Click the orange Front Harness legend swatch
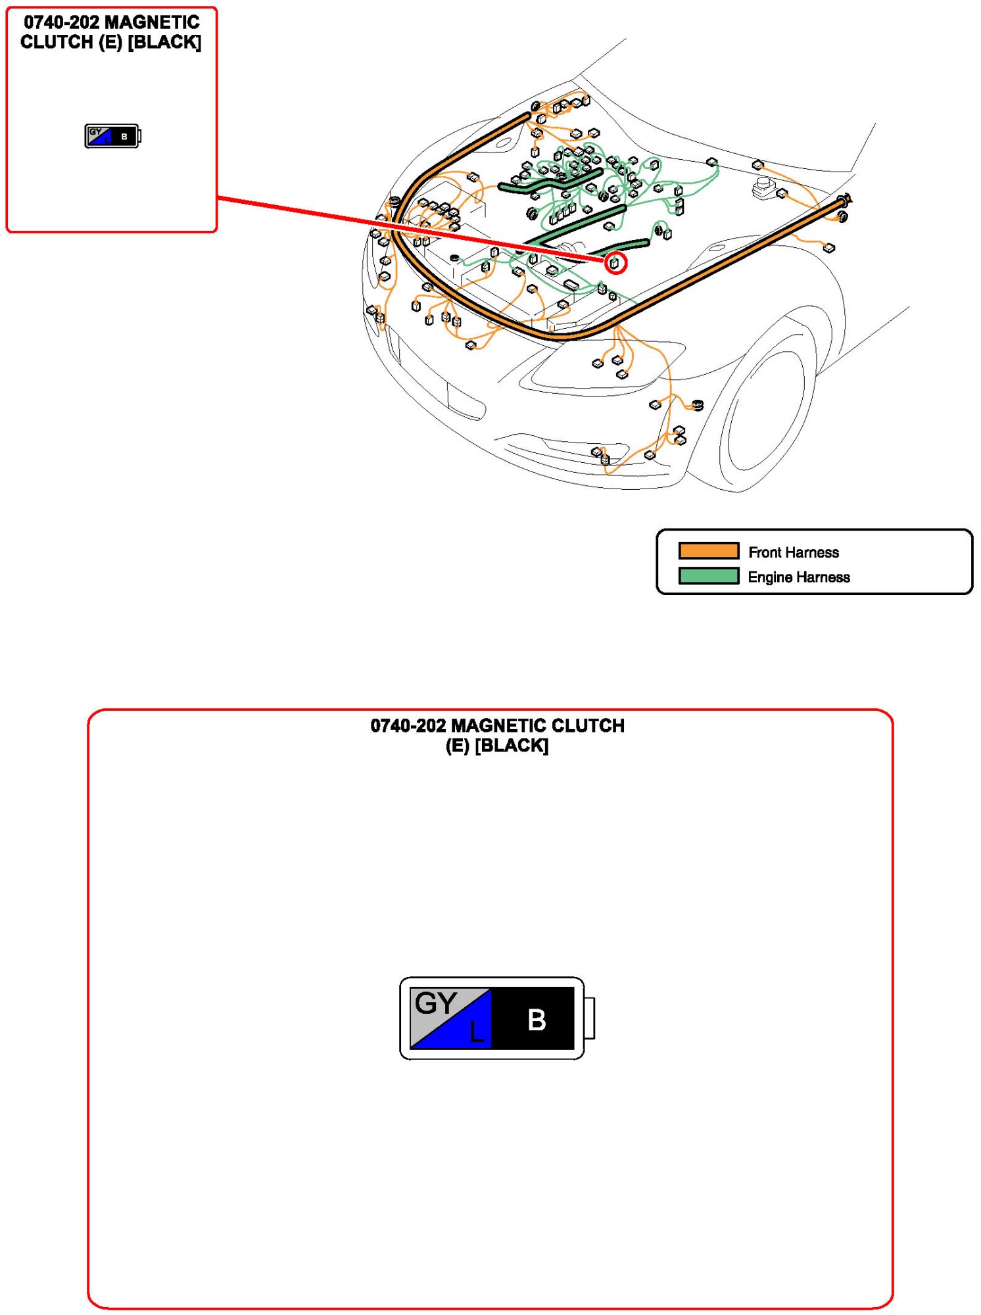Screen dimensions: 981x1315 pos(708,550)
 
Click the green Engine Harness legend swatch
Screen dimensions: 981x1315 pos(708,576)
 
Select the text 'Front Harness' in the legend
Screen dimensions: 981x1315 pos(794,552)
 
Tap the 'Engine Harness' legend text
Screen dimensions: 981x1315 pos(799,577)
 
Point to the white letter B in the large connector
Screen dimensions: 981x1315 pos(537,1020)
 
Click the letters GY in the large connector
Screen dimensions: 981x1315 pos(435,1003)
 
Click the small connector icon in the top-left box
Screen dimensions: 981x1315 pos(112,136)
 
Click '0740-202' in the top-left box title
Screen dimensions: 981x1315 pos(61,22)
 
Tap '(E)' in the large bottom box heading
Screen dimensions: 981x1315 pos(458,746)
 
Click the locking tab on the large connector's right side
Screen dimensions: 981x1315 pos(589,1018)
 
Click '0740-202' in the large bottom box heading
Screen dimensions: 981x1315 pos(408,726)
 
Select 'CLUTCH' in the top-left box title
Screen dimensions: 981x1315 pos(57,42)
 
